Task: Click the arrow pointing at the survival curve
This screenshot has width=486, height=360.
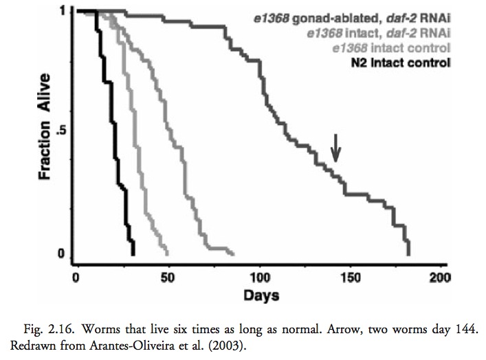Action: tap(335, 147)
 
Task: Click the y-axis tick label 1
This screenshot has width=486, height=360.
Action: tap(62, 12)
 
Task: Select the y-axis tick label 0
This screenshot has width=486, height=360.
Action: tap(62, 255)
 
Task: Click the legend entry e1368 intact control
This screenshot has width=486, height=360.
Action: tap(390, 48)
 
